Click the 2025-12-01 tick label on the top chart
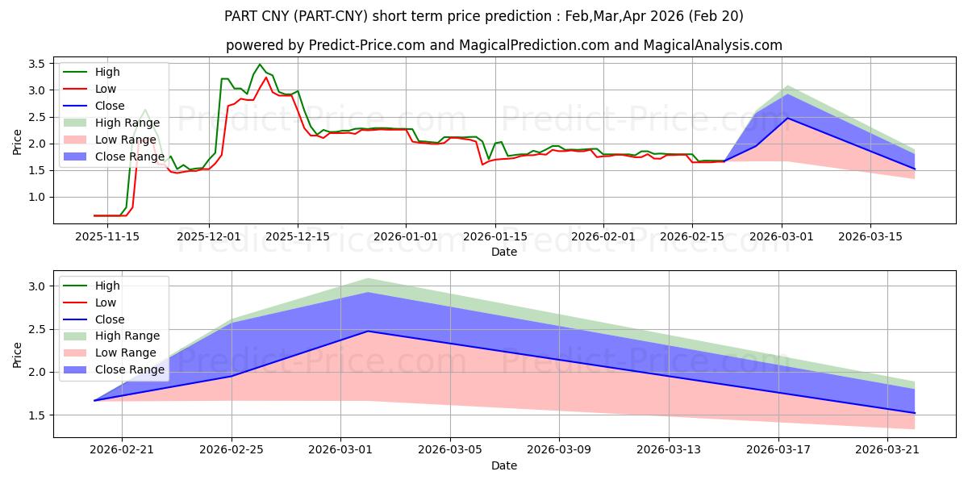coord(209,237)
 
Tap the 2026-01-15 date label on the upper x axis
coord(495,237)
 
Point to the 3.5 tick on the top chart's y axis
coord(36,64)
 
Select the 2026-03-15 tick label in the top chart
coord(870,237)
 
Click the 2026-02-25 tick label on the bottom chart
coord(232,450)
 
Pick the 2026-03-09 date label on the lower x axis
coord(559,450)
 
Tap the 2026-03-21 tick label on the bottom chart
coord(887,450)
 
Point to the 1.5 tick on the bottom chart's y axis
coord(36,415)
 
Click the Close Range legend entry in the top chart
coord(114,156)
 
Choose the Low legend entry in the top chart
coord(90,89)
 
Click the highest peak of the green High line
coord(259,65)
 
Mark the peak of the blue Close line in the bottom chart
coord(368,332)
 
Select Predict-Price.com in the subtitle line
coord(367,45)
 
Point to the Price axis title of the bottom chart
coord(17,355)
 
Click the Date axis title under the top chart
coord(504,252)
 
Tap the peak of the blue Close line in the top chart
coord(787,118)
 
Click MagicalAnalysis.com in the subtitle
coord(712,45)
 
